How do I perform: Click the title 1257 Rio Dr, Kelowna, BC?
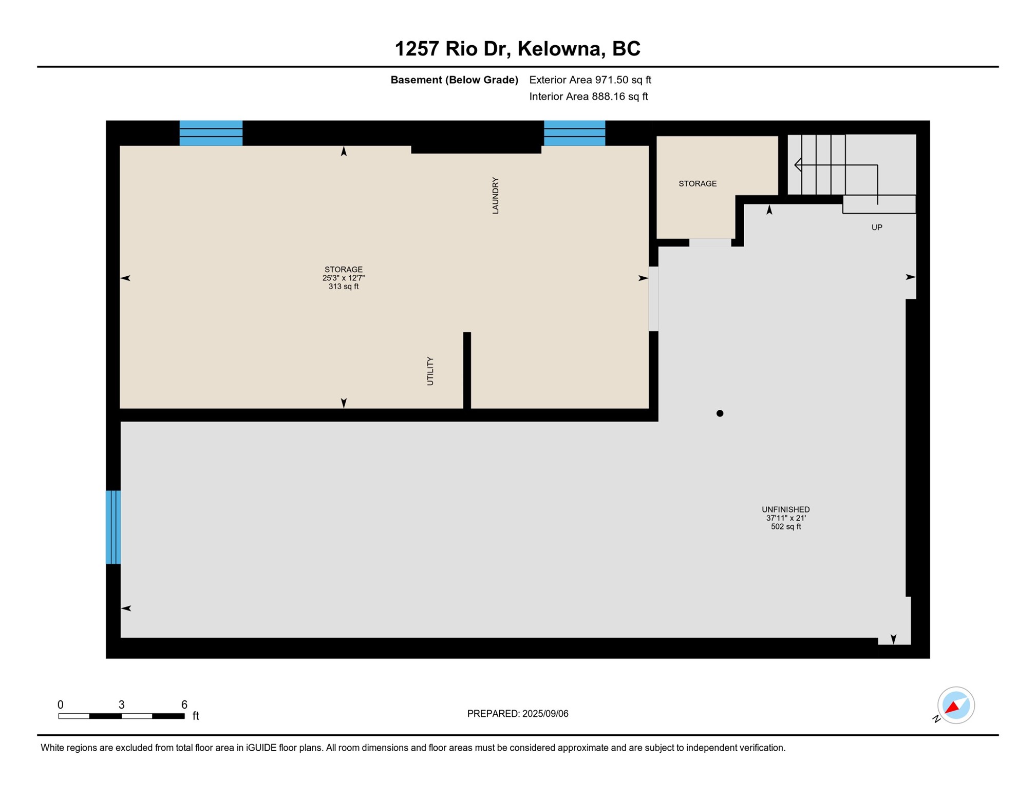(517, 49)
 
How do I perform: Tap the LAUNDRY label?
(495, 195)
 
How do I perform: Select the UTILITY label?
(430, 371)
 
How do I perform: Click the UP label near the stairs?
(876, 227)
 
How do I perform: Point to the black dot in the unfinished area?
(720, 413)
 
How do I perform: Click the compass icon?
(955, 705)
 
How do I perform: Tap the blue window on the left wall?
(113, 527)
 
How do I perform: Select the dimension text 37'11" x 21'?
(785, 518)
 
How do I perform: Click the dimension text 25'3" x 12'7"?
(343, 278)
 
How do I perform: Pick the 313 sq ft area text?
(343, 287)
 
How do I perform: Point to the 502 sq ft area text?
(785, 527)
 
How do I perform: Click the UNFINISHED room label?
(785, 509)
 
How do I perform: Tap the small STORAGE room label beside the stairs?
(697, 183)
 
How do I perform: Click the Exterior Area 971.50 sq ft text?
(590, 80)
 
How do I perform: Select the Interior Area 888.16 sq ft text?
(588, 97)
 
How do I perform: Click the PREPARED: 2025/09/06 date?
(517, 713)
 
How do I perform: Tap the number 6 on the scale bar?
(184, 704)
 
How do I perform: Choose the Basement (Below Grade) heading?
(454, 80)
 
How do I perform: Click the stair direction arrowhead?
(798, 165)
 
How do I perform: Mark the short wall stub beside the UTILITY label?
(467, 370)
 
